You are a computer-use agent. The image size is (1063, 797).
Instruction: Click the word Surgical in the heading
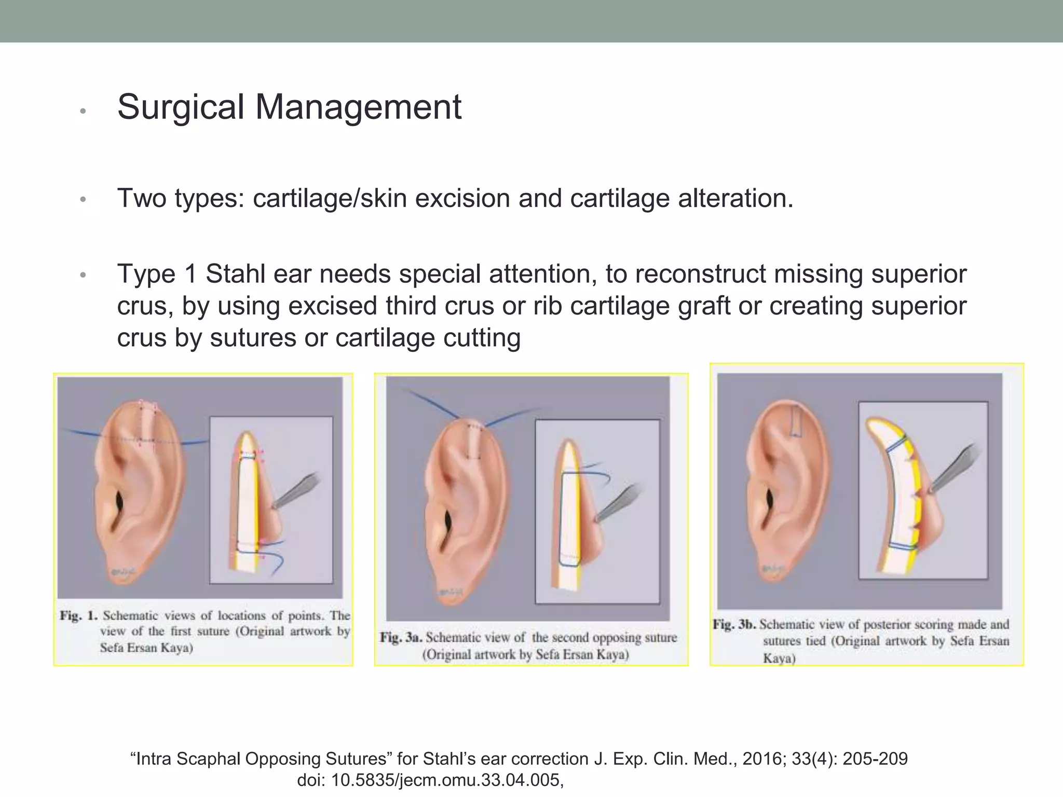pyautogui.click(x=181, y=107)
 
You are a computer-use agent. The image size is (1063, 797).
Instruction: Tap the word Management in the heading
pyautogui.click(x=358, y=107)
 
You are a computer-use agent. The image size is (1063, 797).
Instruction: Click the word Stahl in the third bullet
pyautogui.click(x=236, y=274)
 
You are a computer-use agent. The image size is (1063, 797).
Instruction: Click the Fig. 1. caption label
pyautogui.click(x=78, y=616)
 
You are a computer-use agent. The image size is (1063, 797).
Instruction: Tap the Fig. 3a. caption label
pyautogui.click(x=400, y=637)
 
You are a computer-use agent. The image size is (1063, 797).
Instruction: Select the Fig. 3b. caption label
pyautogui.click(x=733, y=624)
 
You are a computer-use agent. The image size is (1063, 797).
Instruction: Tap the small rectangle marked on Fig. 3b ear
pyautogui.click(x=796, y=421)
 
